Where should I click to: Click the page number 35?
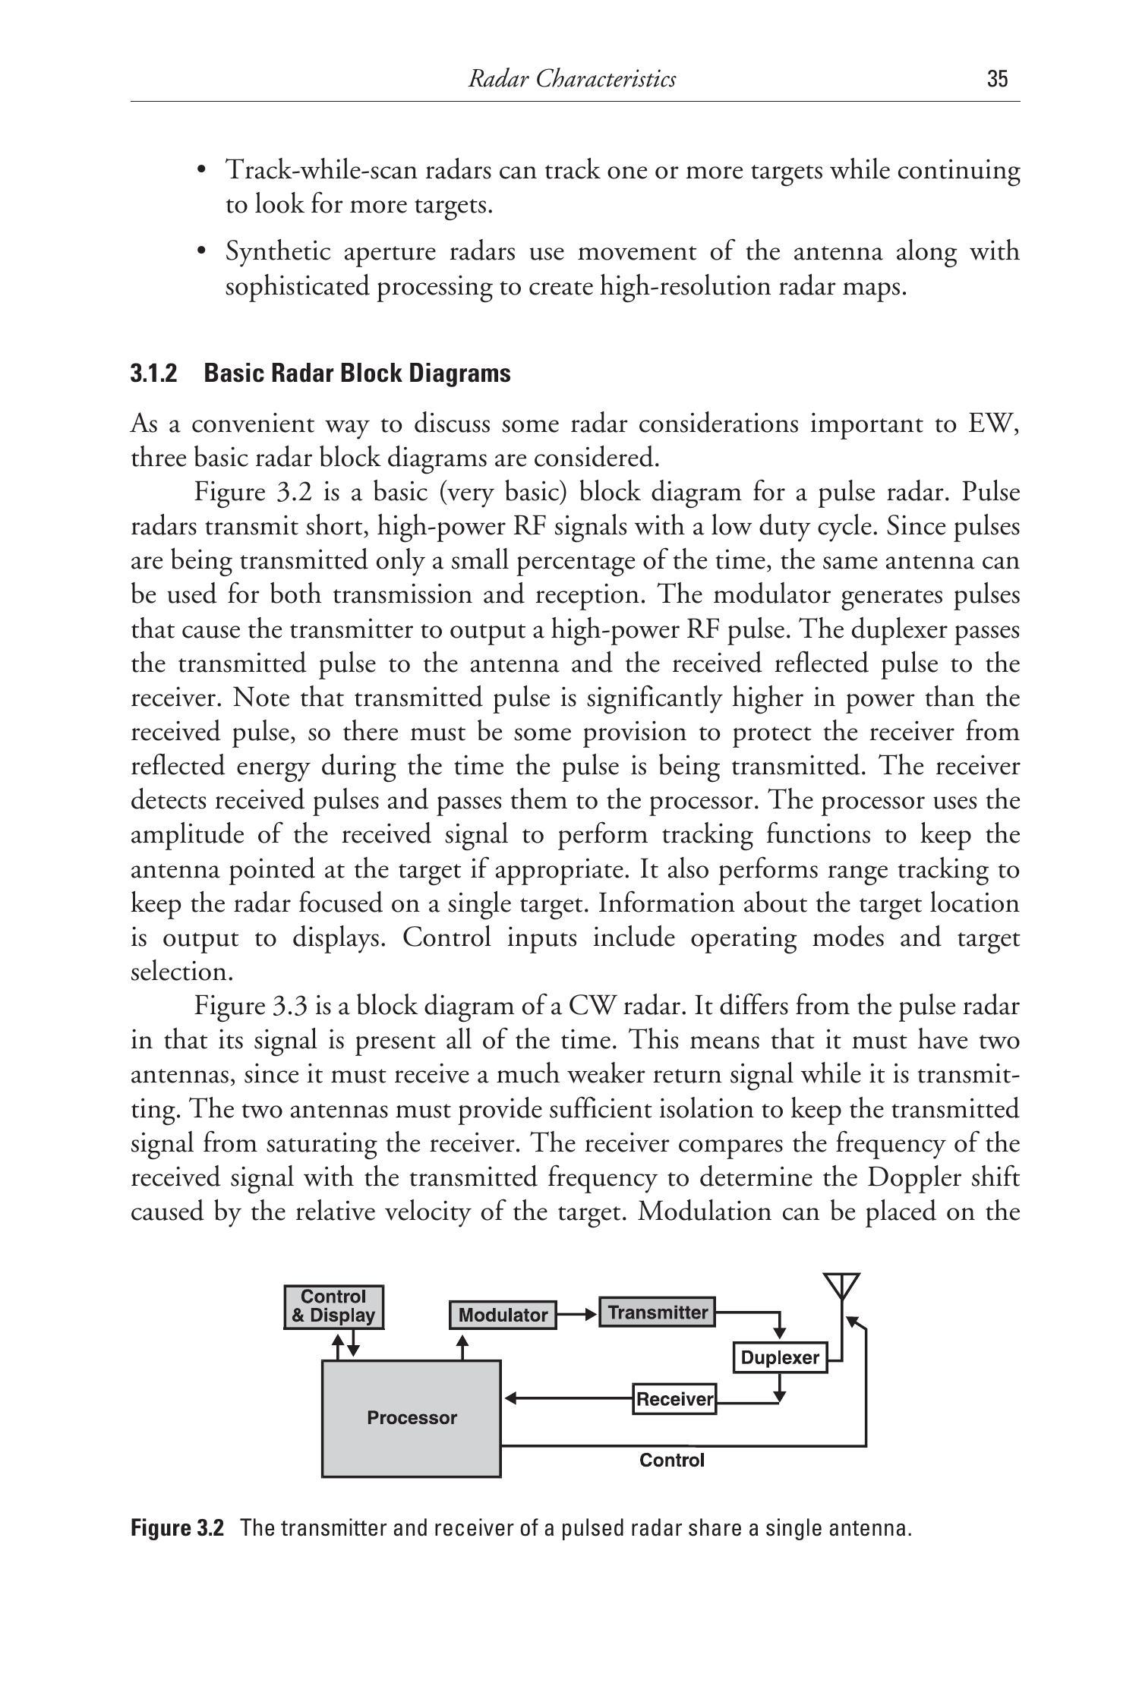[997, 79]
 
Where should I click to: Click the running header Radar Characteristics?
[571, 79]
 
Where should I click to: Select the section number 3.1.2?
[154, 373]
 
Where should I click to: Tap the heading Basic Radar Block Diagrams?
[358, 373]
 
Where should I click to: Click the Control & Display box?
[333, 1306]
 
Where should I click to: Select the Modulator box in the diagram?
[503, 1315]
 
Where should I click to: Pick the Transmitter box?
[657, 1313]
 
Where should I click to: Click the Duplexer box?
[779, 1357]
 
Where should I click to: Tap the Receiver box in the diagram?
[674, 1398]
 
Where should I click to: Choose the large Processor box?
[412, 1418]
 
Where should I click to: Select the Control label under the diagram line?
[672, 1460]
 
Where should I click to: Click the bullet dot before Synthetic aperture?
[201, 251]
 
